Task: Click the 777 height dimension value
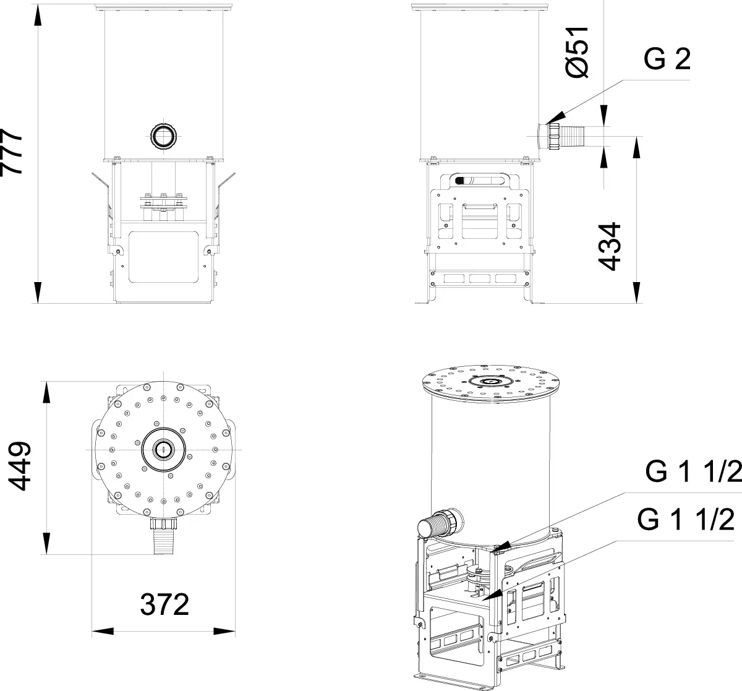[x=11, y=152]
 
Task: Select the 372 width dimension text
[x=164, y=604]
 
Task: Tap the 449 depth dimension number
[x=19, y=466]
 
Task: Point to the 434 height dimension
[x=609, y=246]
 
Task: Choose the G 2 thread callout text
[x=667, y=59]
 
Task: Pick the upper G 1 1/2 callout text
[x=693, y=471]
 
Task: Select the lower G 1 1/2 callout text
[x=686, y=519]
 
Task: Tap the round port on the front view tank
[x=163, y=136]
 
